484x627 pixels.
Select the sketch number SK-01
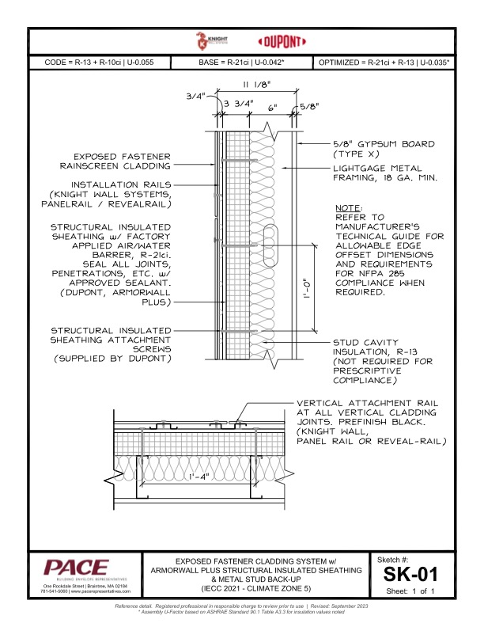(x=410, y=573)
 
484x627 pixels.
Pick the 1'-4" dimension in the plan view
(x=199, y=477)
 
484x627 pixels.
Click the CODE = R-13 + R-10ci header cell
(x=100, y=62)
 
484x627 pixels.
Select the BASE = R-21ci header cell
(x=241, y=62)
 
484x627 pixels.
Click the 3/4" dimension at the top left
(x=195, y=96)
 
